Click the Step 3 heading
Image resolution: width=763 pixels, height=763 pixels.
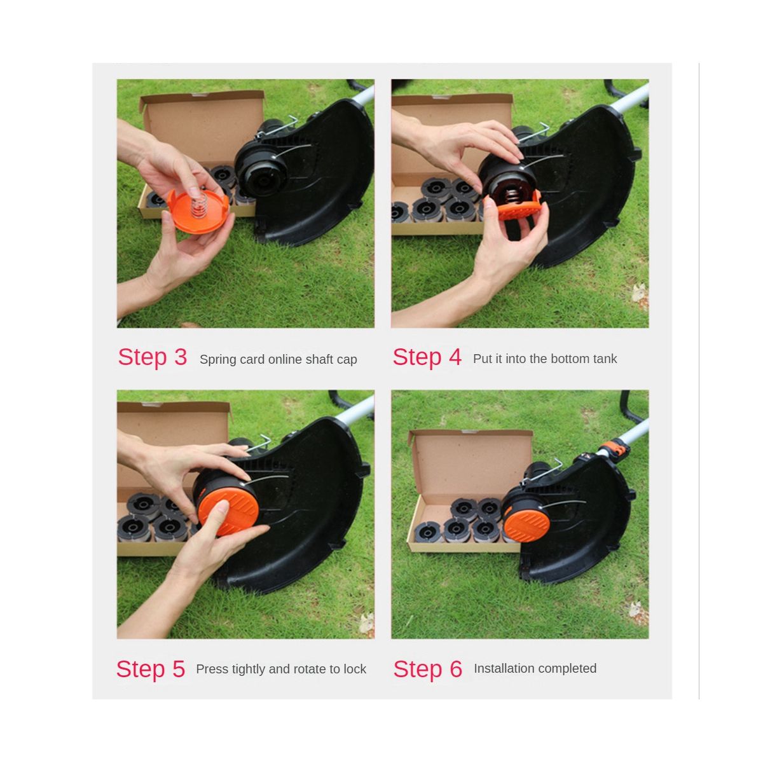(153, 357)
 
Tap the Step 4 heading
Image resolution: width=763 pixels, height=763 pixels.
(427, 357)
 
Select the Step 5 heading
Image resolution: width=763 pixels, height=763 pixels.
(151, 669)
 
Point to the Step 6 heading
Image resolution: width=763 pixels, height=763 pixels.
(428, 669)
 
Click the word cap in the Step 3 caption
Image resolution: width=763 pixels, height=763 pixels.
(347, 359)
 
